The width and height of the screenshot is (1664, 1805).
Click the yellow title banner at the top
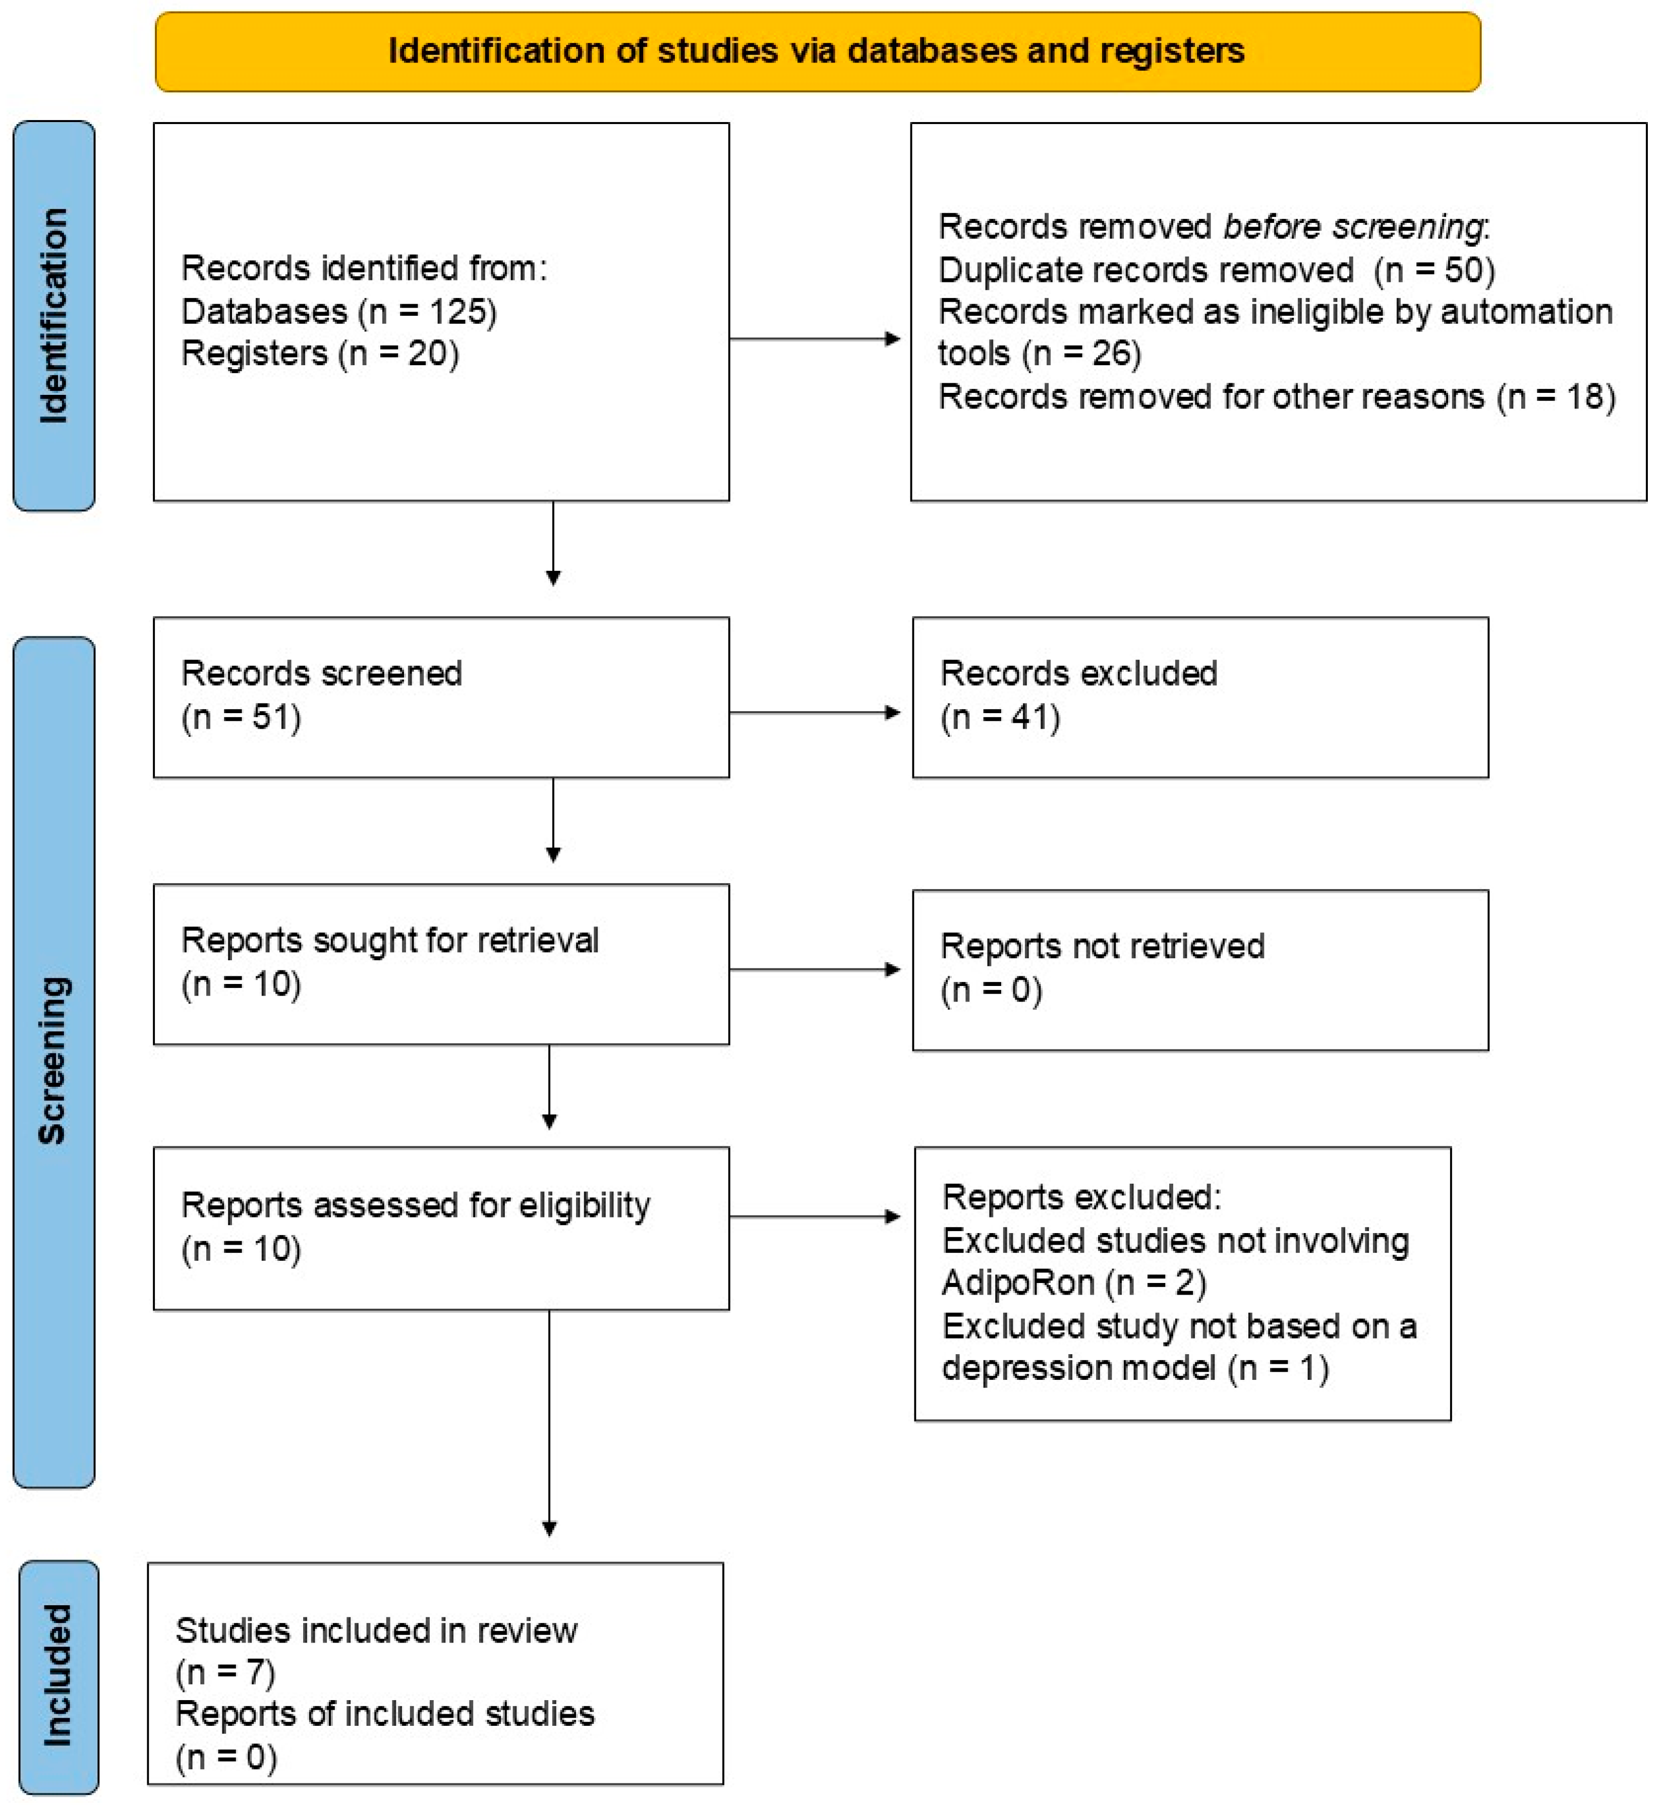click(x=818, y=51)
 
